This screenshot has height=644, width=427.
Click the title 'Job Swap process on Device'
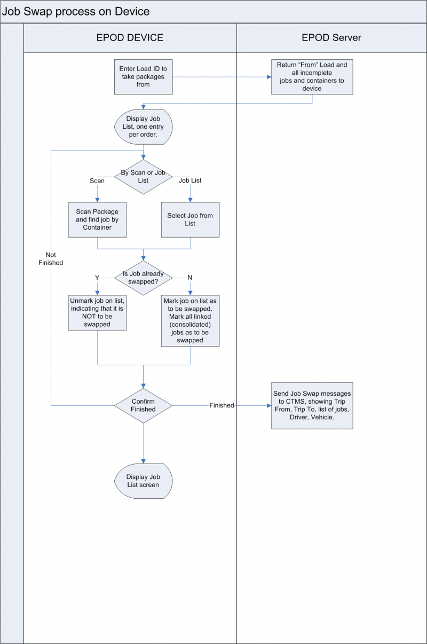[x=75, y=11]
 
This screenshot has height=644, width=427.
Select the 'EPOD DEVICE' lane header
[x=130, y=37]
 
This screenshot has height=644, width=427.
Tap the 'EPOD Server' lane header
[x=331, y=37]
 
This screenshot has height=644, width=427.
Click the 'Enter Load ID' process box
[x=143, y=77]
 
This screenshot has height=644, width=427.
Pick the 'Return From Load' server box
[x=312, y=77]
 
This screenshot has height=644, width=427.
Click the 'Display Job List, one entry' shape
[x=143, y=127]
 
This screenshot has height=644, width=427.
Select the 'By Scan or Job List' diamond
[x=143, y=177]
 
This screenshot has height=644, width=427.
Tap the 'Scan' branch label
[x=97, y=181]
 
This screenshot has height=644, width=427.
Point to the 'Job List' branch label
[x=191, y=181]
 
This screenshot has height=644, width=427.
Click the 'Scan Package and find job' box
[x=97, y=219]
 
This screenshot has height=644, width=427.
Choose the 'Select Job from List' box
[x=190, y=219]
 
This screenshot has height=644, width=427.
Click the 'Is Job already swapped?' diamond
[x=143, y=277]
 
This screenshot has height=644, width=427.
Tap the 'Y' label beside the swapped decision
[x=97, y=278]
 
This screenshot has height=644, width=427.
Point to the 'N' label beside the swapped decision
[x=189, y=278]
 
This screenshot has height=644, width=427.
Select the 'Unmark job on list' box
[x=97, y=312]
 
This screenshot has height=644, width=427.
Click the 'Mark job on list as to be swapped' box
[x=190, y=320]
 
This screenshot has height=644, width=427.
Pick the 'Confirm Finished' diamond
[x=143, y=406]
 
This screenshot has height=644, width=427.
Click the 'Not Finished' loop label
[x=51, y=258]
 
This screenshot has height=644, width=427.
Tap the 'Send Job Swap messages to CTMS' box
[x=312, y=405]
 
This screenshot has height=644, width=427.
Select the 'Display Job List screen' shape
[x=143, y=481]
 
